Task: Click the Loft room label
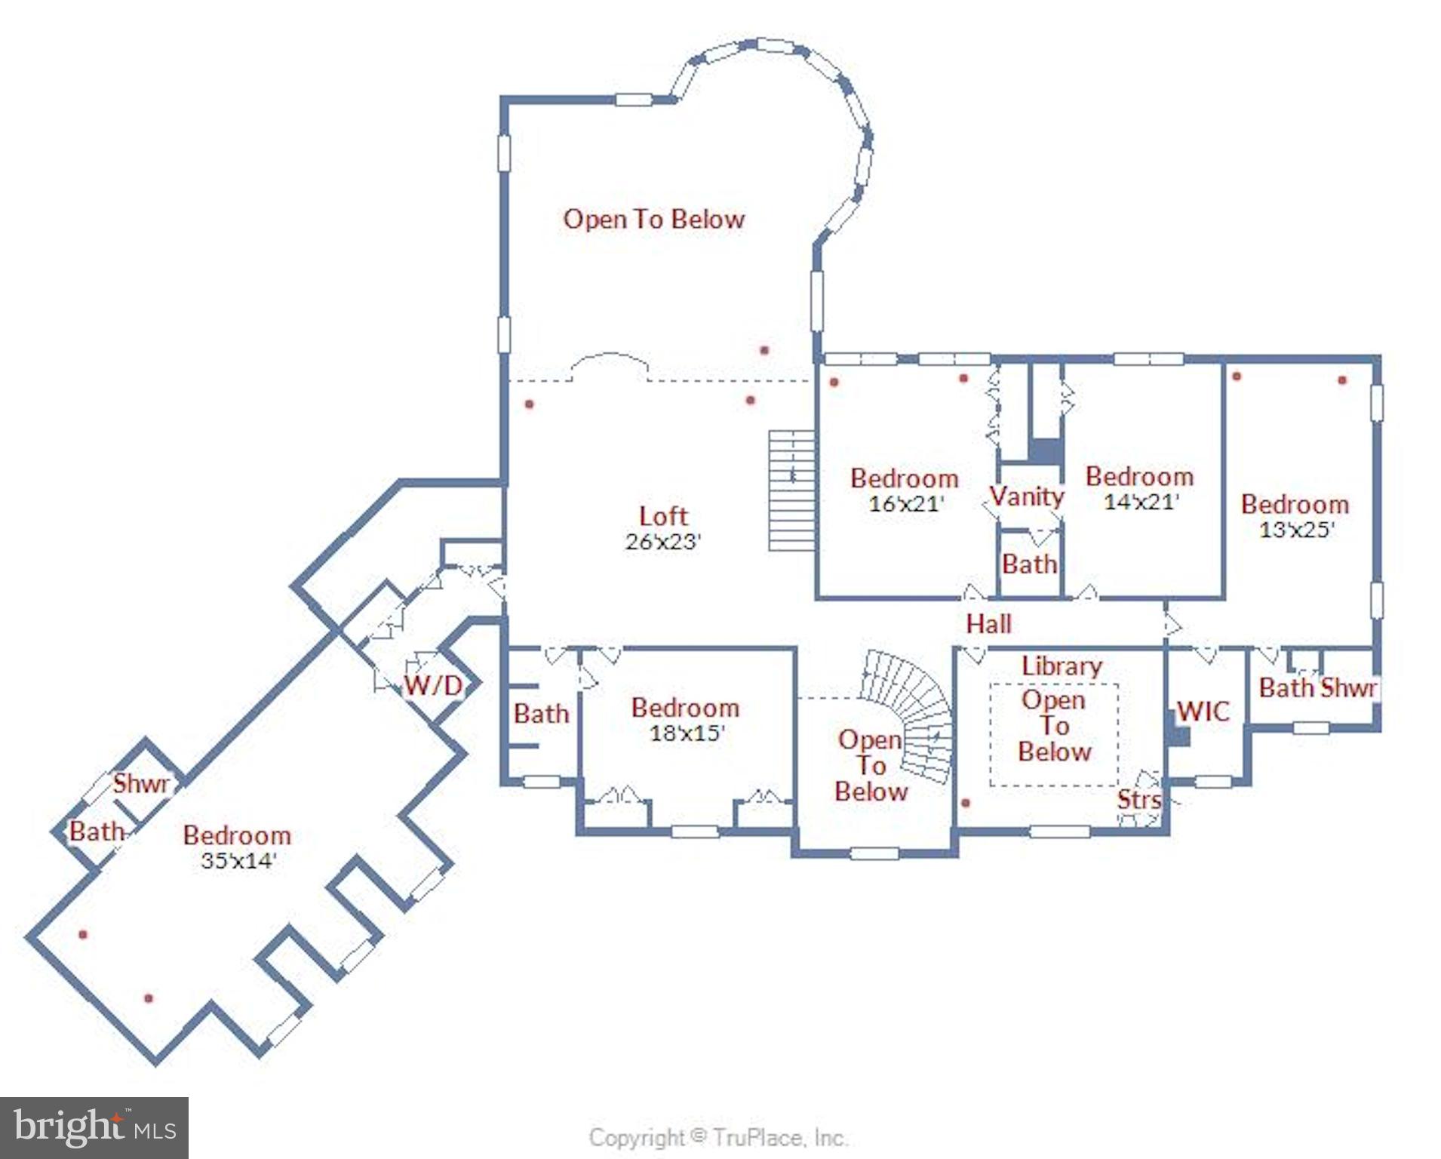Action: pos(662,516)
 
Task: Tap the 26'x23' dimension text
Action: pos(662,542)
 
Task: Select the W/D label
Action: pos(432,685)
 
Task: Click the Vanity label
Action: pos(1027,496)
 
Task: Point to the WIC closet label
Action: pos(1203,711)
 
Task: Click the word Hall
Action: pos(988,623)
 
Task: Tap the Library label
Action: pos(1062,666)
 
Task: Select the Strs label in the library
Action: pos(1138,799)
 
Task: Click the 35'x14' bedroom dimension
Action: pos(238,860)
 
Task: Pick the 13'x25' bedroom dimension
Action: pos(1296,530)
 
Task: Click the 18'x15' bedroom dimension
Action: pos(687,733)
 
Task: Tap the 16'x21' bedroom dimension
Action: pos(905,503)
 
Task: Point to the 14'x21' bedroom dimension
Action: pos(1141,502)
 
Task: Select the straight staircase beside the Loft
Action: pos(791,490)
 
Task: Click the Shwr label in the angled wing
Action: pos(141,783)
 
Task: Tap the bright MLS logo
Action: pos(94,1127)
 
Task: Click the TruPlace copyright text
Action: pos(717,1137)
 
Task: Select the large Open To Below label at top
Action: pos(653,219)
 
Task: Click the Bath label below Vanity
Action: pos(1029,564)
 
